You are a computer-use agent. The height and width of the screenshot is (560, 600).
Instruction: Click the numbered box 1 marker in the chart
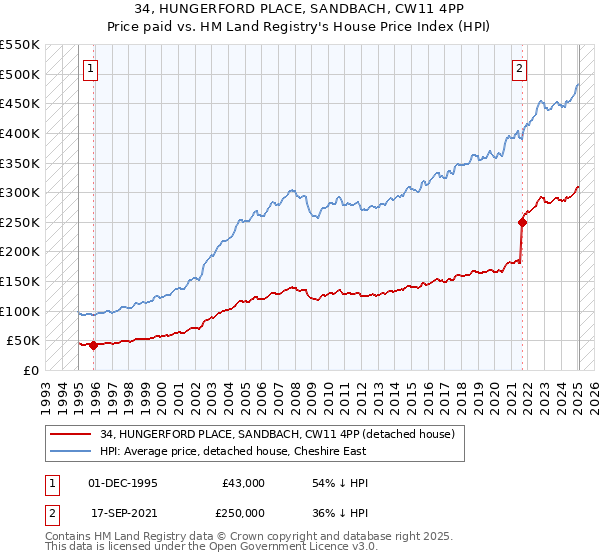click(x=90, y=69)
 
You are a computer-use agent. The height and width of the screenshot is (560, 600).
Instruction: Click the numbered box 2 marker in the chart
click(x=520, y=69)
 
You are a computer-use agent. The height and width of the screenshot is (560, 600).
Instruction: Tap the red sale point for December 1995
click(x=93, y=345)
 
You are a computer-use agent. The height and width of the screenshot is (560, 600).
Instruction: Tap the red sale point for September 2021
click(x=522, y=222)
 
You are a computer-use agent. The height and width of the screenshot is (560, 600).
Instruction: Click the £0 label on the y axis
click(x=32, y=370)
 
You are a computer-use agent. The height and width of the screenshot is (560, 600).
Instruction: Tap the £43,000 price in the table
click(x=244, y=483)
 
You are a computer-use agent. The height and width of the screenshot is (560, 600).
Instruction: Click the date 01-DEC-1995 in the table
click(x=123, y=483)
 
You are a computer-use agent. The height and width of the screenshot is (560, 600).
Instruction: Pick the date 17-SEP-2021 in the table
click(x=123, y=513)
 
